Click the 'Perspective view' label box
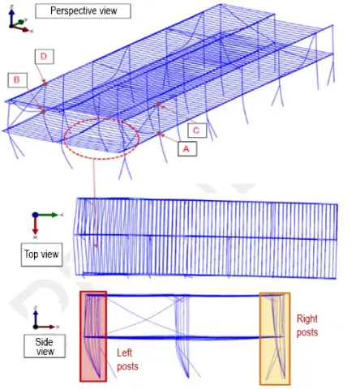click(x=84, y=11)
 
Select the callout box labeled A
click(x=187, y=149)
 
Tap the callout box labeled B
click(x=18, y=80)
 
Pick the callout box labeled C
click(x=197, y=130)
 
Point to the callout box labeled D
click(x=44, y=57)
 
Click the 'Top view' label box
click(x=41, y=254)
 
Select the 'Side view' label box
click(x=45, y=346)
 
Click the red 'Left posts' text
click(x=127, y=360)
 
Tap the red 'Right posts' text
click(x=307, y=326)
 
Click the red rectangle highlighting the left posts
click(x=80, y=336)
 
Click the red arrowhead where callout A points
click(x=159, y=133)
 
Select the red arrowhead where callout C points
click(x=158, y=105)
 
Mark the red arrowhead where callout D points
click(x=45, y=83)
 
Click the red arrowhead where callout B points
click(x=43, y=110)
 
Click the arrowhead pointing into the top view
click(x=96, y=246)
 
